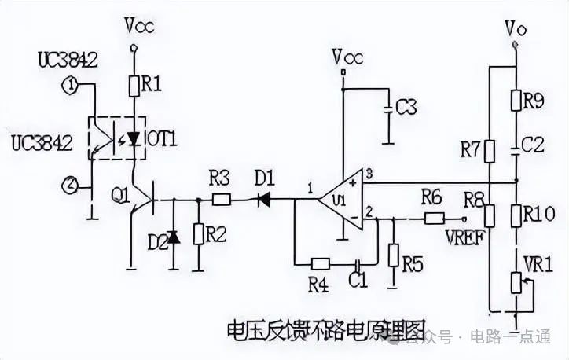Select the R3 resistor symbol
[x=222, y=200]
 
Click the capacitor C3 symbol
[x=387, y=109]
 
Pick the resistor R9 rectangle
[x=516, y=100]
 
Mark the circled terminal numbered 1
[x=71, y=85]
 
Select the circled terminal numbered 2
[x=71, y=186]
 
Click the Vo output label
[x=516, y=31]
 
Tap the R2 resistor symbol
[x=198, y=234]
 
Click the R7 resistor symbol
[x=489, y=150]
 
